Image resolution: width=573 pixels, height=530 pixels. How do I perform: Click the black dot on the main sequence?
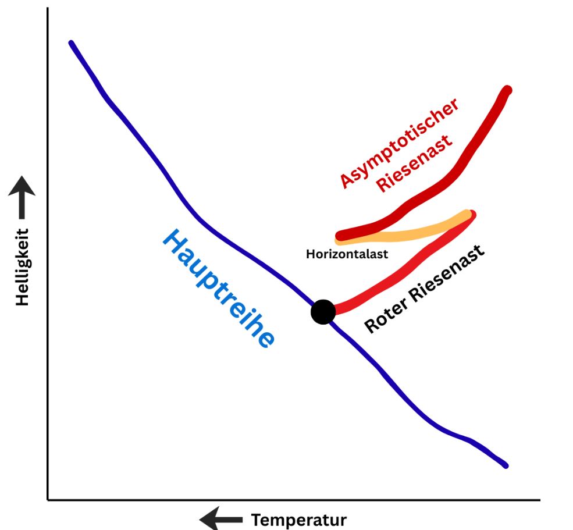point(323,312)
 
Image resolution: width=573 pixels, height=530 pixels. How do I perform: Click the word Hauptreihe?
point(218,289)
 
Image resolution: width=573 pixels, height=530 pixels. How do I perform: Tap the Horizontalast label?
point(347,254)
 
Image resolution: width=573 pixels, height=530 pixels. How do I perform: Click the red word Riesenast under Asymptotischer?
point(415,164)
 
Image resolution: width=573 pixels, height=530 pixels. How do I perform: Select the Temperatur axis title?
point(298,520)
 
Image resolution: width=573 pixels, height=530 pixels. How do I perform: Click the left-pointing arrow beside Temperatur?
point(220,518)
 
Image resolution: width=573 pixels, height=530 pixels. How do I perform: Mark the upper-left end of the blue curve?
point(71,42)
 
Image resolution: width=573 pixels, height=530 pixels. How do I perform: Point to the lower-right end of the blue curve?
point(506,465)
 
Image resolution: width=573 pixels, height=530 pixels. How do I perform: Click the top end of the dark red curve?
point(507,90)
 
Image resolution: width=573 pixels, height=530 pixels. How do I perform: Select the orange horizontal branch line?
point(401,234)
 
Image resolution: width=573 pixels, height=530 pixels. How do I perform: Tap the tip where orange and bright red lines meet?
point(470,214)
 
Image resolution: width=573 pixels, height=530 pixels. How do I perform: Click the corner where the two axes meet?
point(48,499)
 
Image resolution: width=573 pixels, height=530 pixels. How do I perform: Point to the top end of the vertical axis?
point(48,9)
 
